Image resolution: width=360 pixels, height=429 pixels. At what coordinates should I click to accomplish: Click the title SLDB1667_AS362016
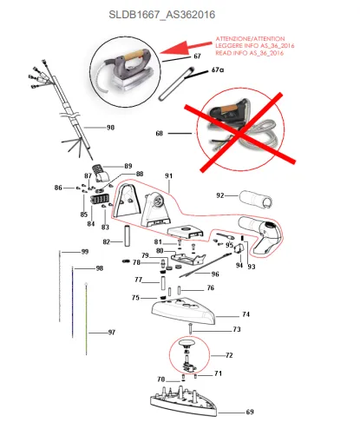pos(161,15)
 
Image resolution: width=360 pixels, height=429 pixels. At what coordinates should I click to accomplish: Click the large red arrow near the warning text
pos(186,47)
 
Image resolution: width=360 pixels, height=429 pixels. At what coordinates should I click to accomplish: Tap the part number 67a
pos(218,69)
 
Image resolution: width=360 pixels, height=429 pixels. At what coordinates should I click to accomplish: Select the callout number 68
pos(160,134)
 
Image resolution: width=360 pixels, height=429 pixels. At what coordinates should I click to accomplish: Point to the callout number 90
pos(110,128)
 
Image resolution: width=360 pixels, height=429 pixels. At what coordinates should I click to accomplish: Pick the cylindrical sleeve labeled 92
pos(256,200)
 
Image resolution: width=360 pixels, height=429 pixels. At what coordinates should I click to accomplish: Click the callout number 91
pos(169,175)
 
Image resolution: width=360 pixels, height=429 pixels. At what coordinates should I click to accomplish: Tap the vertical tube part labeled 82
pos(127,236)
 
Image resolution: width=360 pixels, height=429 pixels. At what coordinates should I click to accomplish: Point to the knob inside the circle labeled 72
pos(186,344)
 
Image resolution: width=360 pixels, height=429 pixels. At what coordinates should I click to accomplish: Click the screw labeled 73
pos(190,328)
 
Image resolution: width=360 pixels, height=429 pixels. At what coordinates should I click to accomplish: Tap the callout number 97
pos(112,333)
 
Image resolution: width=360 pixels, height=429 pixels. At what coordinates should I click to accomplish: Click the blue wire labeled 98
pos(73,302)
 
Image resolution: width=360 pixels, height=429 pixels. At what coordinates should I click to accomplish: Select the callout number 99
pos(85,252)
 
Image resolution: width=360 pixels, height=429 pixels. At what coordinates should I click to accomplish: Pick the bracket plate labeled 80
pos(188,258)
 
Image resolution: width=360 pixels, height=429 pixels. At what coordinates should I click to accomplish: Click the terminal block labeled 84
pos(100,200)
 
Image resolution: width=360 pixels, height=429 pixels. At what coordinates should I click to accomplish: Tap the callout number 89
pos(128,166)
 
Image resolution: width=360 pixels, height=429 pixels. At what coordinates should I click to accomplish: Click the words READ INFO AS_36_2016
pos(249,53)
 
